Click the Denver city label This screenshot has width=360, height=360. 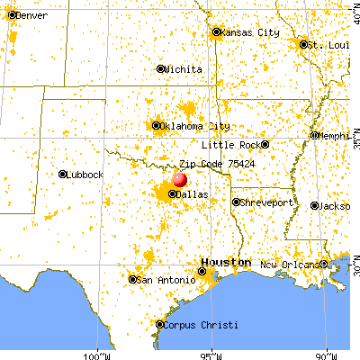click(31, 16)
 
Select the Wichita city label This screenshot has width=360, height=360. click(184, 68)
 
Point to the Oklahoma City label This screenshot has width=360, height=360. click(192, 126)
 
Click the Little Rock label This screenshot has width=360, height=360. click(229, 144)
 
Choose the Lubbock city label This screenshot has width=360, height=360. click(85, 175)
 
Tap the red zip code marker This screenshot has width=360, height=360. click(179, 180)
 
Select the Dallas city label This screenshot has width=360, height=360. click(190, 194)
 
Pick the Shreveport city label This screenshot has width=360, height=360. click(268, 202)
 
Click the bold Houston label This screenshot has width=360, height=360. click(226, 262)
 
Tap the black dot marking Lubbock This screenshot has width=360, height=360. click(63, 175)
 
